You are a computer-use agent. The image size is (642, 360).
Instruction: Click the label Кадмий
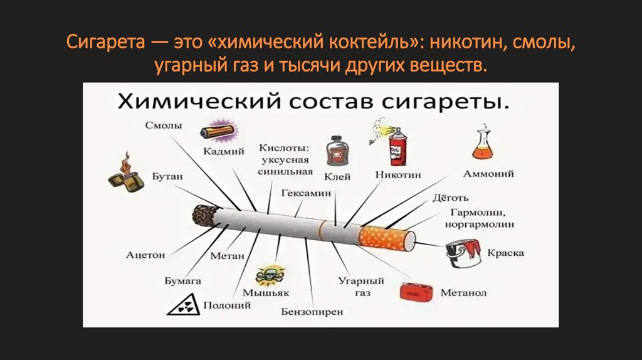click(x=224, y=151)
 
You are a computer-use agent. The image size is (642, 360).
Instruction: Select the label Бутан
click(x=167, y=176)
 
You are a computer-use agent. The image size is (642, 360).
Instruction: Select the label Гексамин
click(x=306, y=193)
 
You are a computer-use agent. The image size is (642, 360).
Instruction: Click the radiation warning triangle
click(x=184, y=305)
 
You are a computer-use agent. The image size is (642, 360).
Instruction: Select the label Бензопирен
click(x=312, y=312)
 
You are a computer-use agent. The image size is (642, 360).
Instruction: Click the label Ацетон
click(x=145, y=255)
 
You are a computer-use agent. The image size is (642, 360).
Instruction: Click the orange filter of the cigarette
click(x=386, y=239)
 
